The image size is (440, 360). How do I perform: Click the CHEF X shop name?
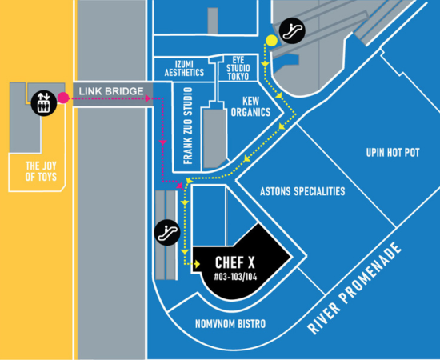click(235, 262)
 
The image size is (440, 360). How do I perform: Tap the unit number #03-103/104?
click(235, 278)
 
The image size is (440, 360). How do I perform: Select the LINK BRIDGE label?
click(111, 91)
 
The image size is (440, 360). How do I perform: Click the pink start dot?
click(63, 98)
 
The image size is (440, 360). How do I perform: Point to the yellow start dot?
click(272, 41)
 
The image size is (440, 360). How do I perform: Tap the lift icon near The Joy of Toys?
click(44, 102)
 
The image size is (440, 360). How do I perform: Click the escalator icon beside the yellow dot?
click(292, 30)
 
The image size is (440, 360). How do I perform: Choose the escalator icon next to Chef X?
click(167, 232)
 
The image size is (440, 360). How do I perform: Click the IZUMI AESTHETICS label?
click(184, 68)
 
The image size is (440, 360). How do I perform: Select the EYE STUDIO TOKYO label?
click(238, 68)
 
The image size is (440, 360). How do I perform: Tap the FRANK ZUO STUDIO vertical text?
click(188, 126)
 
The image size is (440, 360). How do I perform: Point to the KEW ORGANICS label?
click(250, 106)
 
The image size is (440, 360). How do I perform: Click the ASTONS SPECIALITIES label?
click(302, 191)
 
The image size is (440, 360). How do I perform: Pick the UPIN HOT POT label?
click(393, 153)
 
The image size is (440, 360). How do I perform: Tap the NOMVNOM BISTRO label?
click(230, 324)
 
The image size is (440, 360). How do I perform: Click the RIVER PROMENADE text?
click(354, 288)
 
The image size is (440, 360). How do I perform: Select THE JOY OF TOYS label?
click(41, 171)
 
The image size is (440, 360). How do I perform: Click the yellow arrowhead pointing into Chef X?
click(197, 264)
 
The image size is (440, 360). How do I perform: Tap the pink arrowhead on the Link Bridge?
click(147, 98)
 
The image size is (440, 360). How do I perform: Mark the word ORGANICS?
click(250, 112)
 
